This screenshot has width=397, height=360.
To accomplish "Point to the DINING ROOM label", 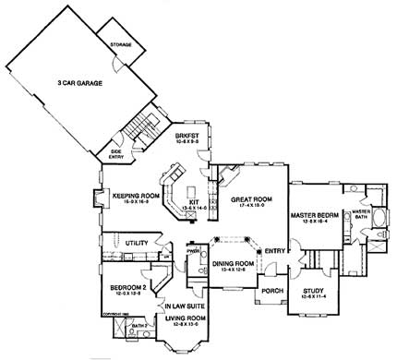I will pyautogui.click(x=232, y=265).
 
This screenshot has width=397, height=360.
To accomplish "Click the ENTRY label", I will pyautogui.click(x=273, y=250).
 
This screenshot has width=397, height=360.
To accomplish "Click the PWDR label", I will pyautogui.click(x=193, y=250).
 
